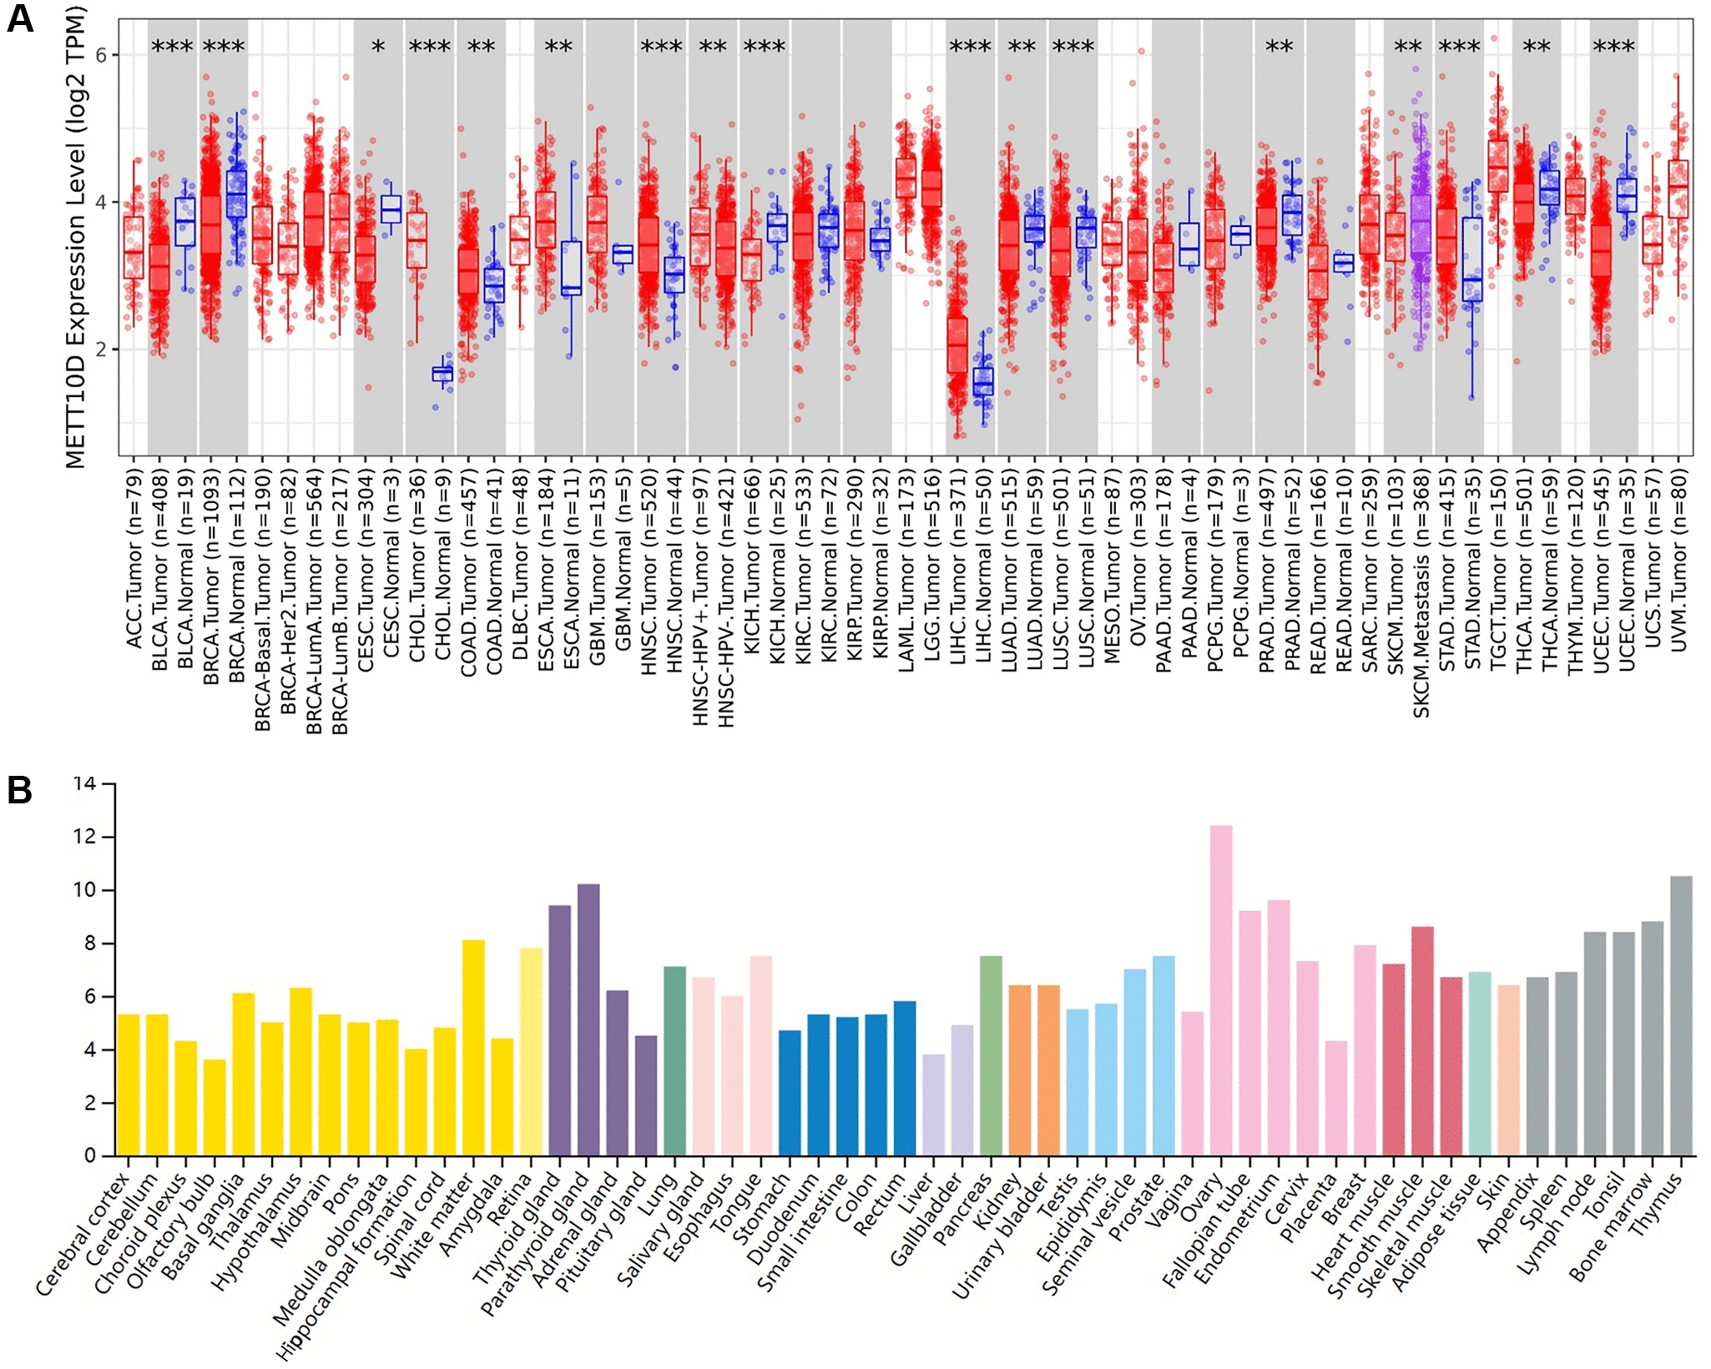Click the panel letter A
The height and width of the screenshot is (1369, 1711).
click(20, 18)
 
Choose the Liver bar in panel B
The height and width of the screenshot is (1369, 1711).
click(934, 1105)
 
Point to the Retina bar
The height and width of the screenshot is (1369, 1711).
click(531, 1051)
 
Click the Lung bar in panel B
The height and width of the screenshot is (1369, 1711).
click(674, 1060)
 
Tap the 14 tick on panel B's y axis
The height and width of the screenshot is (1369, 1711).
click(85, 783)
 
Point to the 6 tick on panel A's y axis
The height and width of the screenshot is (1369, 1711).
click(101, 55)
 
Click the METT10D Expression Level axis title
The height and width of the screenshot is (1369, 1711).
click(75, 237)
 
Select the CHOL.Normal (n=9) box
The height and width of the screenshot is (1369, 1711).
click(442, 374)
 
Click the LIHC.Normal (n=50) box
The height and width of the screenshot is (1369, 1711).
click(983, 381)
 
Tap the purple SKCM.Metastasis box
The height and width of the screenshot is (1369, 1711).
click(1421, 225)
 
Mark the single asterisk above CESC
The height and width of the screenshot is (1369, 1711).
click(378, 48)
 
